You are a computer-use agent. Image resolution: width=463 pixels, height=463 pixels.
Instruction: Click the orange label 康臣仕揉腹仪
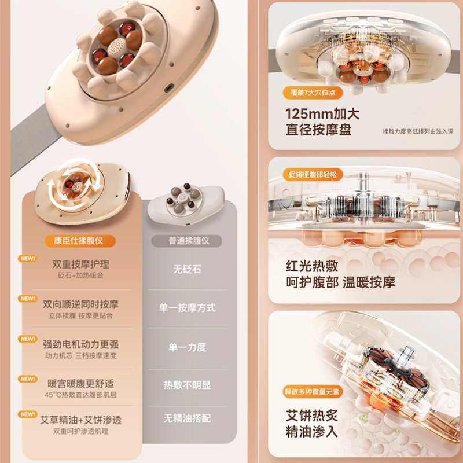80,241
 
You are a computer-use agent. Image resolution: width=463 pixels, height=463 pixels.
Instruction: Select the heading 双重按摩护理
80,264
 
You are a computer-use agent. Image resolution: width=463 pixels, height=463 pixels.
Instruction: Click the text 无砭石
186,269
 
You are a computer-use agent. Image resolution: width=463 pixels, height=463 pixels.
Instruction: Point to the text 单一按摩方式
186,308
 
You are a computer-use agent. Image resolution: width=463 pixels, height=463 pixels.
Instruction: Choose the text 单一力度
186,347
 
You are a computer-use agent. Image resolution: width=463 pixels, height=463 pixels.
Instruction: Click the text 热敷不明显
186,385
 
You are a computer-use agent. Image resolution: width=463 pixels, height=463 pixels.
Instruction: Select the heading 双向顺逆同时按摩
80,304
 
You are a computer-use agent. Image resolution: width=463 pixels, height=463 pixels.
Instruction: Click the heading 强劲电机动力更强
80,344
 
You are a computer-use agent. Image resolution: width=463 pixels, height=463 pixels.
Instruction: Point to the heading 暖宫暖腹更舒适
80,383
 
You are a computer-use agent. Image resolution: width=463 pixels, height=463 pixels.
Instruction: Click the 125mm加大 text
315,113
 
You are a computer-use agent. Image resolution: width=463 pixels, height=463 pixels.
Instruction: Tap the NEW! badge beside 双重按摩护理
27,259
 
